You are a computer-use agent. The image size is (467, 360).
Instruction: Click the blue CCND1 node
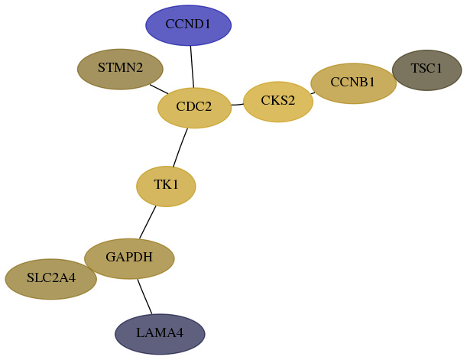click(x=188, y=25)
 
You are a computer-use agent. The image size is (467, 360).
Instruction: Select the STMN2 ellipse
click(x=120, y=69)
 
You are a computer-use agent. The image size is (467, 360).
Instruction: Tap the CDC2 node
click(x=194, y=108)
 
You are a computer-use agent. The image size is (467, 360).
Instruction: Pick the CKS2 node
click(x=278, y=102)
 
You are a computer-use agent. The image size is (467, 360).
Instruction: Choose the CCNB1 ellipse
click(x=354, y=83)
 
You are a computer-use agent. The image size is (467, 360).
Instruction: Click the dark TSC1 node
click(x=426, y=70)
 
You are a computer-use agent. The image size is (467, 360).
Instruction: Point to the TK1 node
click(x=166, y=186)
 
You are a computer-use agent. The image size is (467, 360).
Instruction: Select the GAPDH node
click(x=129, y=258)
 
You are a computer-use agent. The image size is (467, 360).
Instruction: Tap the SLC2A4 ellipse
click(x=51, y=279)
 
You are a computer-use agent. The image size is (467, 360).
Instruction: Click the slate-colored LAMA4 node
click(x=160, y=334)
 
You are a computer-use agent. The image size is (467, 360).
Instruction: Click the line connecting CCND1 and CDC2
click(x=192, y=66)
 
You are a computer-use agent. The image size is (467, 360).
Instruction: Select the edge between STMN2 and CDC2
click(x=159, y=89)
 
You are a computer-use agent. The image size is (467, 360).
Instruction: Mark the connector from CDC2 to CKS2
click(x=238, y=105)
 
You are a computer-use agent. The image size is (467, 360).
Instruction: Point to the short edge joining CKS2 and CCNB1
click(x=313, y=93)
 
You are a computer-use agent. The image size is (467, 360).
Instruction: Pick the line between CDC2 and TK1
click(x=180, y=148)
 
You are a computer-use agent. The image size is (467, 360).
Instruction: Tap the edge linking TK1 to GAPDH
click(x=148, y=222)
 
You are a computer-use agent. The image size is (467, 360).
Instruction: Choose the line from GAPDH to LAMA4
click(x=144, y=297)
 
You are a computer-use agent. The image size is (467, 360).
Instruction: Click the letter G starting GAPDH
click(x=111, y=257)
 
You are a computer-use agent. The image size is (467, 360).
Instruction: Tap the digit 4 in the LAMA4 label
click(x=180, y=332)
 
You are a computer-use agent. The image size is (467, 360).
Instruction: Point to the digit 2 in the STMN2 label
click(x=139, y=67)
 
